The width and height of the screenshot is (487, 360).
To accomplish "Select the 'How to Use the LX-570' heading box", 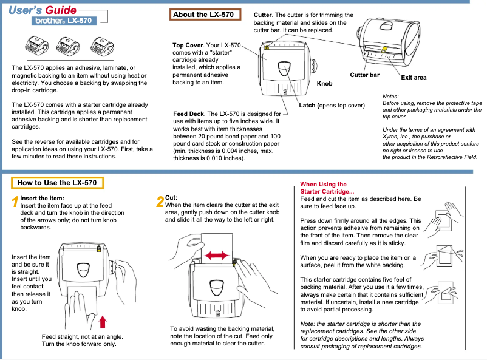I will (57, 182).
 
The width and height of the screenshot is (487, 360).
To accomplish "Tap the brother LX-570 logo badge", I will (63, 21).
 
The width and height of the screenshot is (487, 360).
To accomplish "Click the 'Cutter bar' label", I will (365, 75).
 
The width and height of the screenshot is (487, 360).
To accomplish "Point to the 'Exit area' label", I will (414, 78).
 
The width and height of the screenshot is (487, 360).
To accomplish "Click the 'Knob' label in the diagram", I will (325, 83).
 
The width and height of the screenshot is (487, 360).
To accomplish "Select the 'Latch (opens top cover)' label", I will (332, 106).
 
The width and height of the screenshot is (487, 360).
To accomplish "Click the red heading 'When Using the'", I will (324, 185).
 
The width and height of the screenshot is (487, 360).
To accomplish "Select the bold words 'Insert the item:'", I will (43, 198).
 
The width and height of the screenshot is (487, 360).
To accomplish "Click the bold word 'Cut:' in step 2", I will (171, 198).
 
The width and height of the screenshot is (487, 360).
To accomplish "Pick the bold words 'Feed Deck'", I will (188, 114).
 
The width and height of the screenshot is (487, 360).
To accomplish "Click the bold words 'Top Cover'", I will (188, 46).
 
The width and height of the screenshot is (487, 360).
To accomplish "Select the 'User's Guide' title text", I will (43, 9).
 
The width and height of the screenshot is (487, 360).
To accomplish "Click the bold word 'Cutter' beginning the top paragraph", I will (262, 15).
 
